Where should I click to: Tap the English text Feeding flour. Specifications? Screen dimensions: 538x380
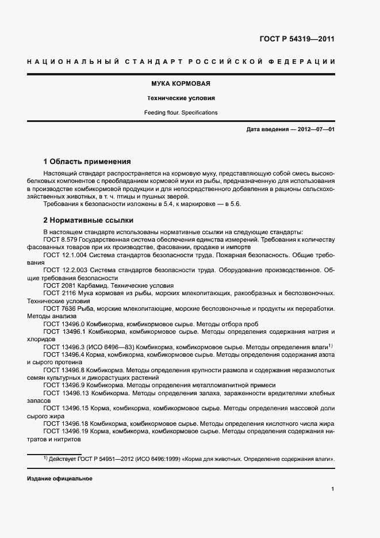(181, 113)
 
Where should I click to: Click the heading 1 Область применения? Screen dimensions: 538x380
(87, 162)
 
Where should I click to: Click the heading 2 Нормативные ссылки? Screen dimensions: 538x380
(89, 220)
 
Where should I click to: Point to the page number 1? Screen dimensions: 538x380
(333, 489)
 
